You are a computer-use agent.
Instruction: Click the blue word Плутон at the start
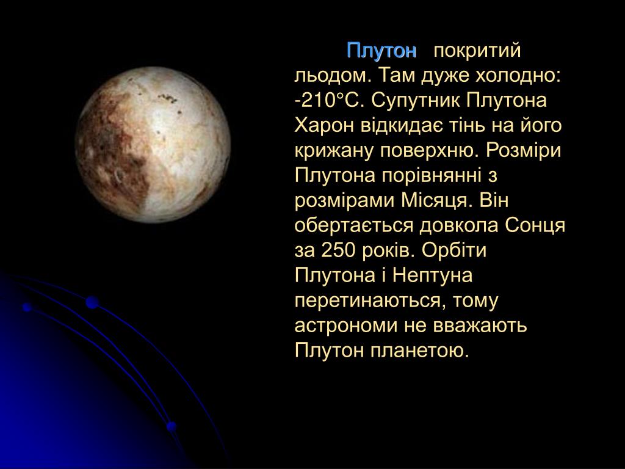pyautogui.click(x=381, y=51)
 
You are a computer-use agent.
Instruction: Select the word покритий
pyautogui.click(x=477, y=51)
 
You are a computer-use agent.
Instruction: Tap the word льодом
pyautogui.click(x=333, y=76)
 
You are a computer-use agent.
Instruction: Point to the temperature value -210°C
pyautogui.click(x=330, y=101)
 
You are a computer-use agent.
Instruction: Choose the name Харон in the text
pyautogui.click(x=324, y=126)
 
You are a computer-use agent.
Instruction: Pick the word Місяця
pyautogui.click(x=435, y=200)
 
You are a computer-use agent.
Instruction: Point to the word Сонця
pyautogui.click(x=535, y=226)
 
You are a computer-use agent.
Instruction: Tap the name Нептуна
pyautogui.click(x=433, y=275)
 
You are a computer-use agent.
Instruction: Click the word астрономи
pyautogui.click(x=346, y=326)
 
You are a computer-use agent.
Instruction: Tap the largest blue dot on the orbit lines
pyautogui.click(x=92, y=302)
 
